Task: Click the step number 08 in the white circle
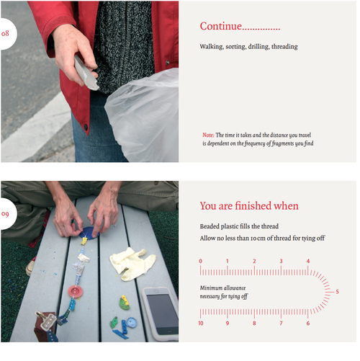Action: (5, 33)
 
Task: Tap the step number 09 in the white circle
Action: (5, 214)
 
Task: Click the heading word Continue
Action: (221, 26)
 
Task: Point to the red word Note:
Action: (208, 135)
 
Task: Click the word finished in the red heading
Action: (253, 206)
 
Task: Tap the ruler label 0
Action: (201, 261)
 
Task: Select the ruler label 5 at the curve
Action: (337, 292)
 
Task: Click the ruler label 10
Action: (201, 324)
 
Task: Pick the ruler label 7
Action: (281, 324)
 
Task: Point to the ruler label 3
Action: (281, 261)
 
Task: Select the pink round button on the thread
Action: (76, 292)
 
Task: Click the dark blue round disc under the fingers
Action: (89, 233)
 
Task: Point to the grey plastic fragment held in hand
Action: (85, 73)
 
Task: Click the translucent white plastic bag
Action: (143, 115)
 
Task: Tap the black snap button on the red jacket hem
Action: (86, 127)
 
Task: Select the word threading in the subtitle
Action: (284, 47)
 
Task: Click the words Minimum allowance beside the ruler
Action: (222, 288)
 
